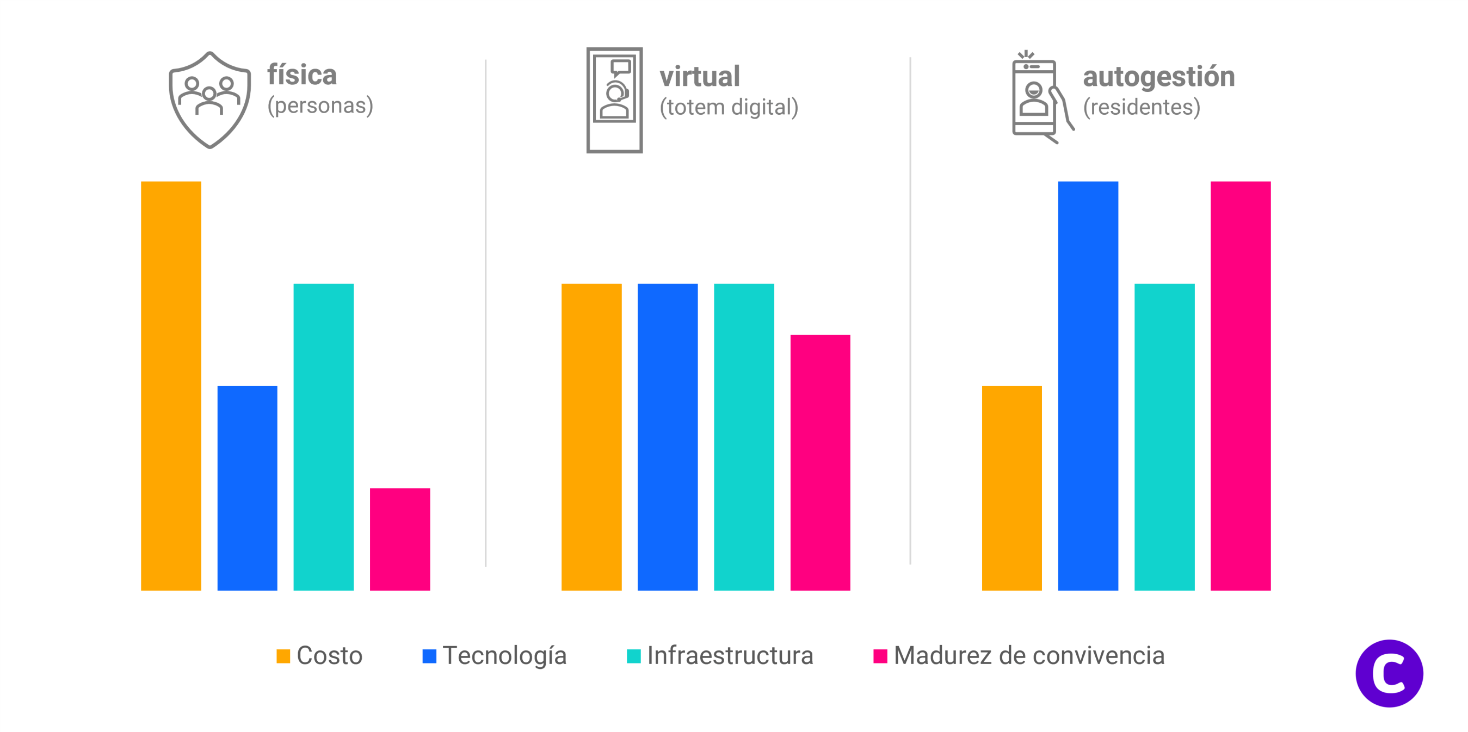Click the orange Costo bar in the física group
tap(171, 386)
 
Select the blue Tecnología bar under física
tap(248, 488)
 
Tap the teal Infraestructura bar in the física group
tap(323, 437)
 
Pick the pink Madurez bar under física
tap(399, 539)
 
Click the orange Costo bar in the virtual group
tap(591, 437)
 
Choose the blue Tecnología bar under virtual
tap(667, 437)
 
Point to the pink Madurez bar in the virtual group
tap(820, 463)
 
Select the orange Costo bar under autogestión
tap(1011, 488)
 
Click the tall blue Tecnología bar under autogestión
tap(1088, 386)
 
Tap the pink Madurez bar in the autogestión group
tap(1241, 386)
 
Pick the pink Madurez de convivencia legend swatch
tap(880, 656)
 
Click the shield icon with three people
tap(209, 100)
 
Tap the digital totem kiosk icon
tap(614, 100)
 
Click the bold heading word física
tap(302, 75)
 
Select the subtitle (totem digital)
tap(729, 107)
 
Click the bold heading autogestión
tap(1158, 77)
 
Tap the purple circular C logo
tap(1389, 673)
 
